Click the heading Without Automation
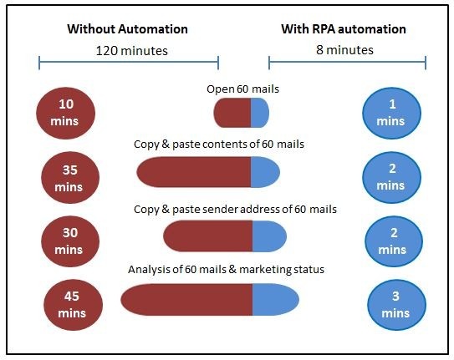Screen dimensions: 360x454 (x=127, y=28)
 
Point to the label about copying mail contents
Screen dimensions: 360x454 (x=218, y=144)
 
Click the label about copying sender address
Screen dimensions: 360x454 (x=235, y=208)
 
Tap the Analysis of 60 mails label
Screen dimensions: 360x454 (x=226, y=269)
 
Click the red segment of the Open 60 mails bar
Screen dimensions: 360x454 (x=232, y=113)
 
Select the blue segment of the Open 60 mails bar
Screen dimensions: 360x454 (x=259, y=113)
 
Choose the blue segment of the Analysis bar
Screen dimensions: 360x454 (x=275, y=299)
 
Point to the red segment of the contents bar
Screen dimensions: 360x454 (x=194, y=172)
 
